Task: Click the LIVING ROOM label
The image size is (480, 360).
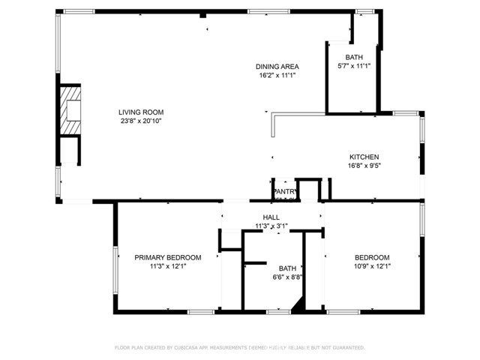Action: click(141, 112)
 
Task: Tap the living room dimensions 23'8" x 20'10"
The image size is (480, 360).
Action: click(141, 121)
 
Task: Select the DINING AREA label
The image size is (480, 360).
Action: click(277, 67)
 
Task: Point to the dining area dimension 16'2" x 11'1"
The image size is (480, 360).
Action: click(277, 75)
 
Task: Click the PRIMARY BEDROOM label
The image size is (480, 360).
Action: click(168, 257)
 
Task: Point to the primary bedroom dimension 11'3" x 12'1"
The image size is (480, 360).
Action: click(168, 265)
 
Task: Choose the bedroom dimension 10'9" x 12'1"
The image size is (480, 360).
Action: click(373, 265)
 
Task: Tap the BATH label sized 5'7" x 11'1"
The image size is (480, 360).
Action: click(354, 58)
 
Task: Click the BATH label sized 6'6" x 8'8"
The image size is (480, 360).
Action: click(287, 268)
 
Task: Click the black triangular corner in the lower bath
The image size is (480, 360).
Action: click(298, 304)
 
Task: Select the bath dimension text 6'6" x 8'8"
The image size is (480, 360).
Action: click(287, 277)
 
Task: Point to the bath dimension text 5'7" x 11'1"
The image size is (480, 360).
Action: click(354, 66)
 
